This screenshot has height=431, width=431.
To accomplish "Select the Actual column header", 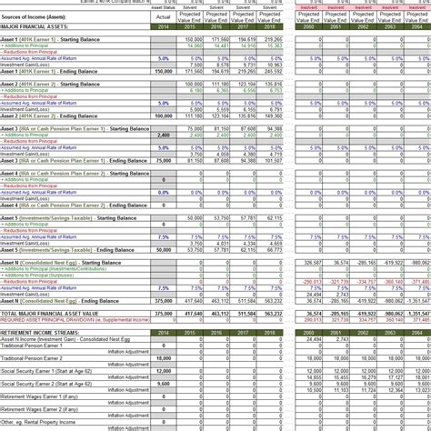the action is (x=164, y=17).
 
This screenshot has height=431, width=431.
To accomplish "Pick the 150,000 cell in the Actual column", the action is (x=164, y=71).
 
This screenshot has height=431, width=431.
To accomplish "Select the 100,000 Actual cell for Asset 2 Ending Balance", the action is (x=164, y=115).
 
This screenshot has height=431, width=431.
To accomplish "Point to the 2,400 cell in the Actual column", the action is (x=164, y=135).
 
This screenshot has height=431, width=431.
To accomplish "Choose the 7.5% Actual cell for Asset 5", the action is (x=164, y=236).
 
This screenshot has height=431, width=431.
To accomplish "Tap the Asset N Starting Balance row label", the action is (x=55, y=262).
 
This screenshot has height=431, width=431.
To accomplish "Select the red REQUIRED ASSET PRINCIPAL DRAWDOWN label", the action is (x=73, y=320).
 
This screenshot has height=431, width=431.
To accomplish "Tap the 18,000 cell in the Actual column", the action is (x=164, y=358).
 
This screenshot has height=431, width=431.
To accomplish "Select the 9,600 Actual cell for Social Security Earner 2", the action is (x=164, y=384).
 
